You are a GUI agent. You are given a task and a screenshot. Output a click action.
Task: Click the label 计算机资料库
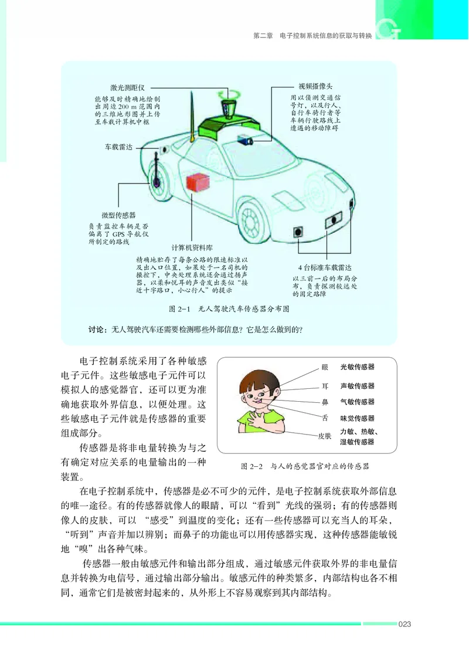(193, 247)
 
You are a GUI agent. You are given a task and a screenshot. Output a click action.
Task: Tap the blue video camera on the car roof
(245, 140)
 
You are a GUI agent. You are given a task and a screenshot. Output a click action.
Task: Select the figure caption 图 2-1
(229, 308)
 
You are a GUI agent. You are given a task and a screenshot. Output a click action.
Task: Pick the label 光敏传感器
(357, 367)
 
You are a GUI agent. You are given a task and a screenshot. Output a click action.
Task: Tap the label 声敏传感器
(357, 386)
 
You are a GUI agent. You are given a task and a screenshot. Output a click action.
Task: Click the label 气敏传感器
(357, 402)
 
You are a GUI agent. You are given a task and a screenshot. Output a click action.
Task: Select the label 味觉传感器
(357, 418)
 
